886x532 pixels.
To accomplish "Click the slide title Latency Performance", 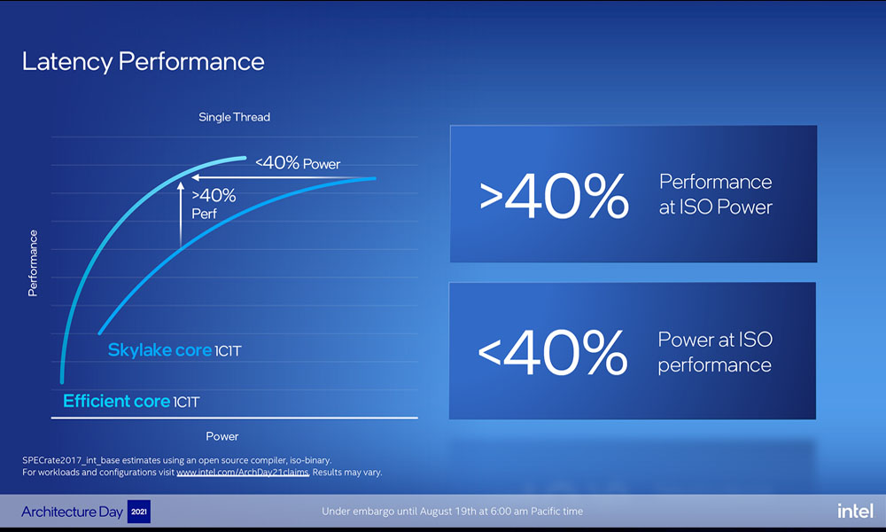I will click(x=143, y=61).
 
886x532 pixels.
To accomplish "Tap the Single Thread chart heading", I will click(x=234, y=117).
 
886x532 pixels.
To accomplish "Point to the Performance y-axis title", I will click(x=33, y=262).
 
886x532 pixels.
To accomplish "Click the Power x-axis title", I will click(x=222, y=436).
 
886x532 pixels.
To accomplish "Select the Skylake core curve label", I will click(x=174, y=350).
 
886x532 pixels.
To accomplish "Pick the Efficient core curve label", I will click(x=131, y=402).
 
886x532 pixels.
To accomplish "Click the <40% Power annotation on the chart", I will click(x=298, y=163).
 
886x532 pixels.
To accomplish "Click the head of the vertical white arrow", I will click(x=181, y=186).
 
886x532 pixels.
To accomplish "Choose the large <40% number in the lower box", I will click(x=552, y=352).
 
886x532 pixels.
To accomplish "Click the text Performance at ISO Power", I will click(x=715, y=194).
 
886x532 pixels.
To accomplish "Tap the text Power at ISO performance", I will click(x=714, y=352).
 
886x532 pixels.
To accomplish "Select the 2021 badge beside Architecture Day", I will click(x=139, y=512).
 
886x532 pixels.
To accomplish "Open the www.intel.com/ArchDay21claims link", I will click(x=242, y=473).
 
